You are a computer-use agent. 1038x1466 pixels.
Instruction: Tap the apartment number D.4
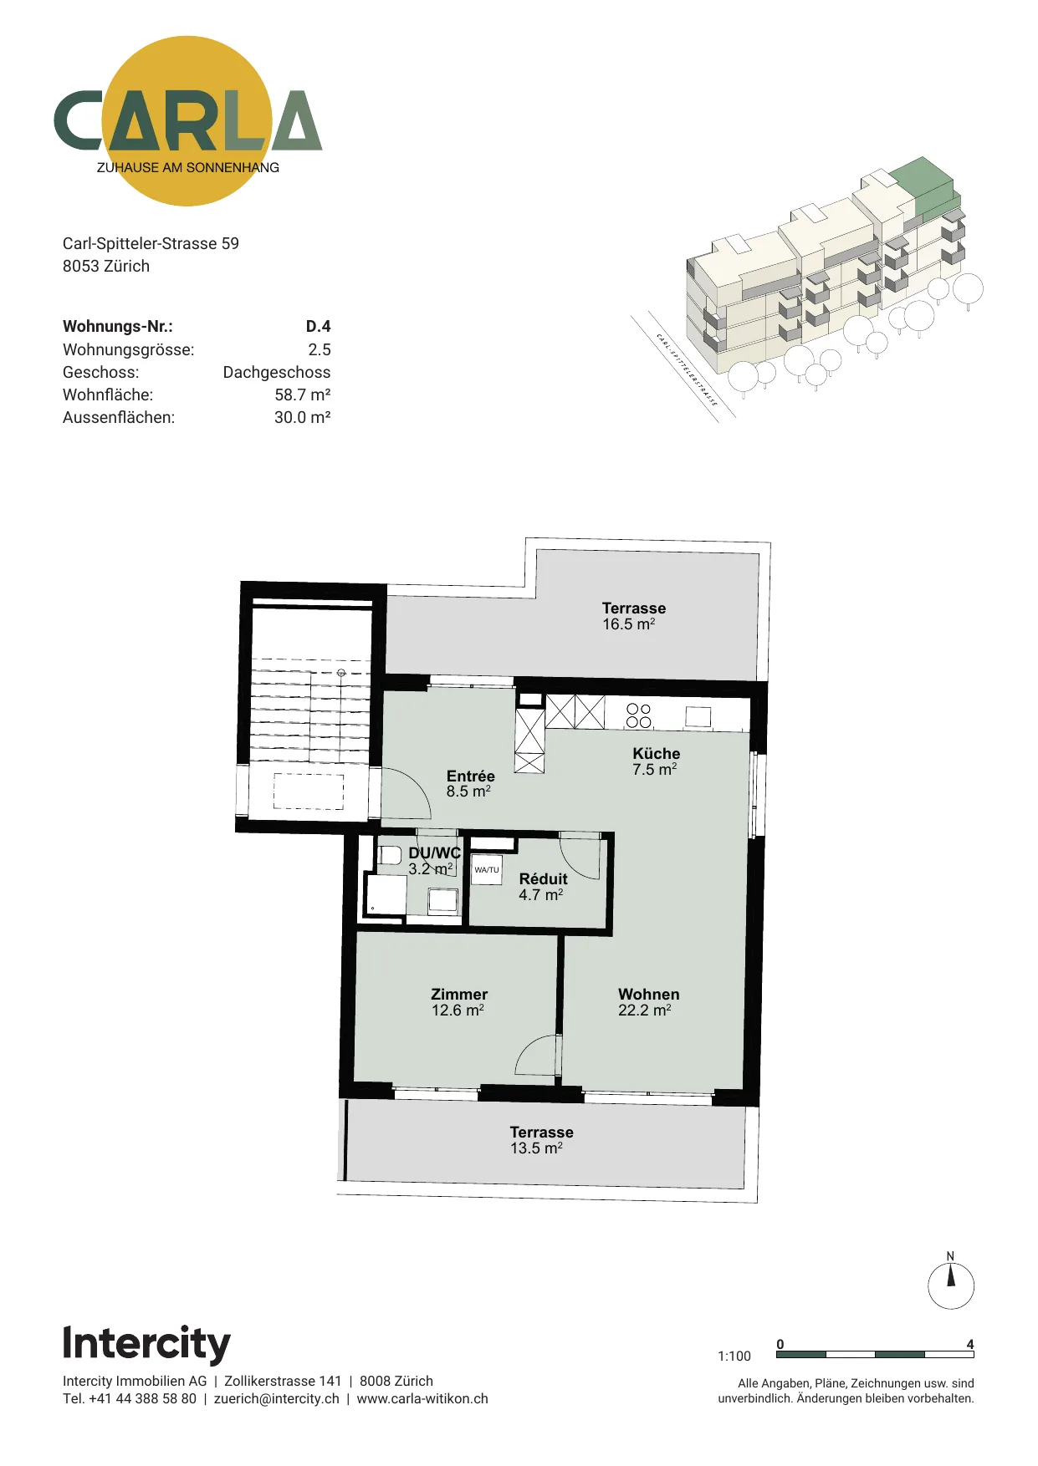318,327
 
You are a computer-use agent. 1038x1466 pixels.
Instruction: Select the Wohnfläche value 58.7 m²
302,394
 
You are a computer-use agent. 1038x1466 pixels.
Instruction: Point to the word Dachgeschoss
276,372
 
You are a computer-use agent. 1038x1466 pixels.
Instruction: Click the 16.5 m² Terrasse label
633,616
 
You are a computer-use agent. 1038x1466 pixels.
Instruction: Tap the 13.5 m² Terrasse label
541,1140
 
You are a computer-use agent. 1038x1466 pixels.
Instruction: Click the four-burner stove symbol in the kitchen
639,715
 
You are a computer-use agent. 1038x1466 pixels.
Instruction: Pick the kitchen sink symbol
698,716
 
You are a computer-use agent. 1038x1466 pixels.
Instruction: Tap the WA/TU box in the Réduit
486,869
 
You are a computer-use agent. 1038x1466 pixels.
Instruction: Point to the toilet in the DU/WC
389,855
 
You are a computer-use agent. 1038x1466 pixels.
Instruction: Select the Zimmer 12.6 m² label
458,1002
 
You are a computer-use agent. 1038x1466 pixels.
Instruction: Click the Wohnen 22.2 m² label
648,1002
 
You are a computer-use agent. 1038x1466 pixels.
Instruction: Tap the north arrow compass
951,1285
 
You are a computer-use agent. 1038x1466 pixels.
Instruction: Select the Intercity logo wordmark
146,1345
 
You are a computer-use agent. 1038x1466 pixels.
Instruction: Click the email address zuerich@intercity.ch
277,1399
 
